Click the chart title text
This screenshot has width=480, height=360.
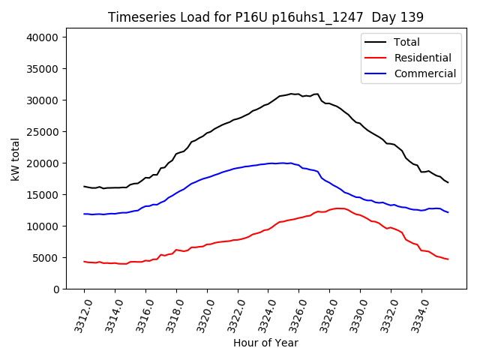click(265, 17)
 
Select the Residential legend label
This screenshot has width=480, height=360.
click(423, 58)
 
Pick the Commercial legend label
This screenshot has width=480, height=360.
click(425, 73)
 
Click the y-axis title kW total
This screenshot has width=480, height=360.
click(15, 163)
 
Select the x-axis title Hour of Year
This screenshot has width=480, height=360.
click(265, 343)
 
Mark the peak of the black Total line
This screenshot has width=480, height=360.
click(292, 94)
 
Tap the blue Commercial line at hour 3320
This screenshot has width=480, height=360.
click(207, 177)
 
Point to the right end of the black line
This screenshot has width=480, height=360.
click(448, 182)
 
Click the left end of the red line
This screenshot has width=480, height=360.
click(84, 261)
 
